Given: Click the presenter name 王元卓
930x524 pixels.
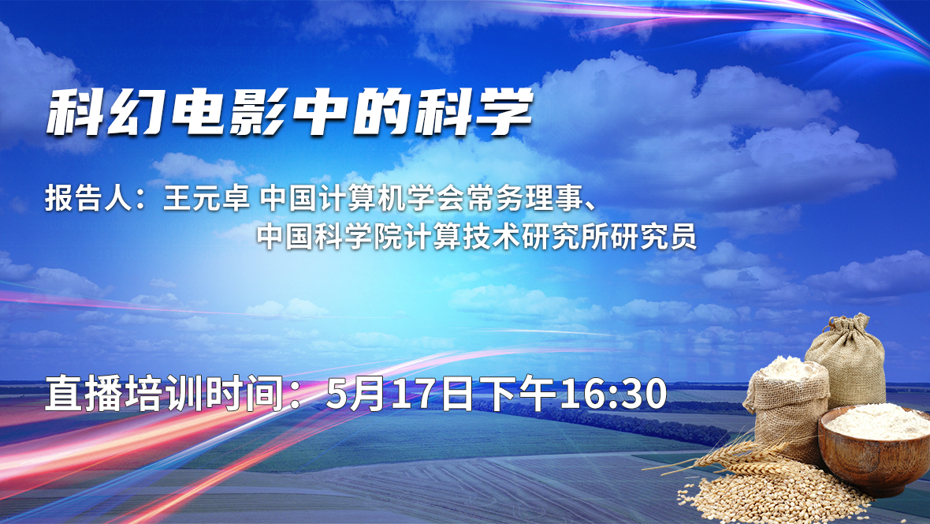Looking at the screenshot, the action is (206, 198).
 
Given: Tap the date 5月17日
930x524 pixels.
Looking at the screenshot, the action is (400, 393).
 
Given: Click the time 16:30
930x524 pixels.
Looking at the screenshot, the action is (613, 393).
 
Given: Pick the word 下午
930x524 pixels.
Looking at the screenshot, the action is (517, 393).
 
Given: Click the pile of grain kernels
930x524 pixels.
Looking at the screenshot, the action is (771, 494).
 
